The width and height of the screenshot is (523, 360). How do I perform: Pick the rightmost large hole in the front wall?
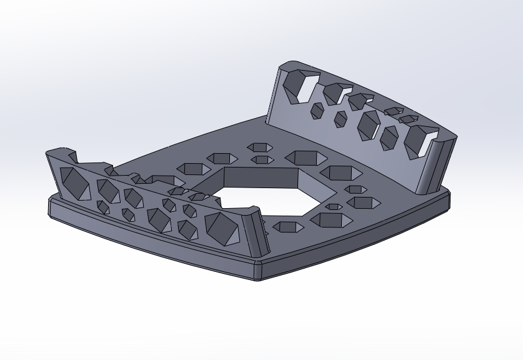222,228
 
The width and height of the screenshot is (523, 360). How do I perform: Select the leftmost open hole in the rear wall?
299,86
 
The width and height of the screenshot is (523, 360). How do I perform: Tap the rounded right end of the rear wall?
440,162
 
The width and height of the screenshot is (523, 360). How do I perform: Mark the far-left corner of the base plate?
51,206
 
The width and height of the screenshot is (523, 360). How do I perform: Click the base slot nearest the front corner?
284,226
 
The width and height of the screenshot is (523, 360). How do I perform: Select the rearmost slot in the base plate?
259,147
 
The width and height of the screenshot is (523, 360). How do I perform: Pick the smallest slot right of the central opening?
334,206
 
